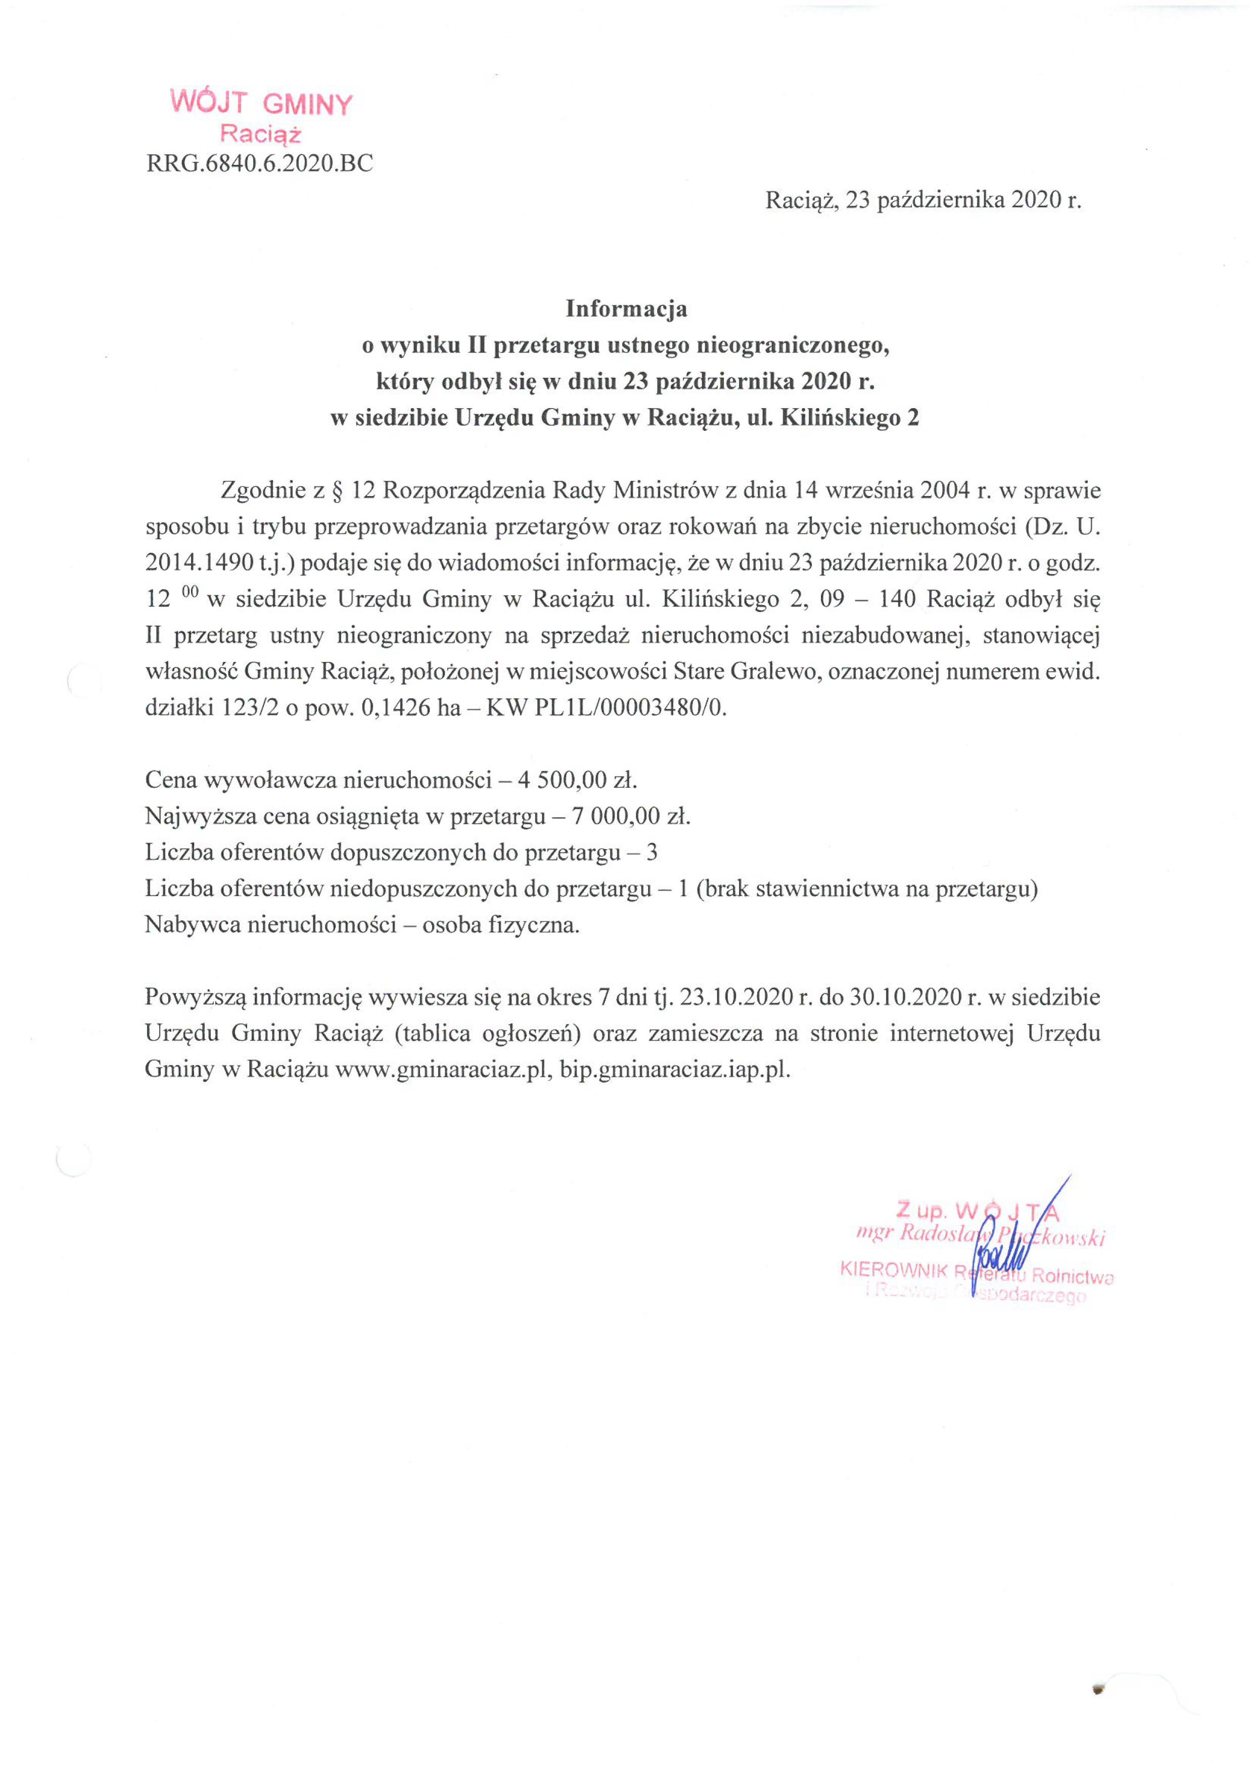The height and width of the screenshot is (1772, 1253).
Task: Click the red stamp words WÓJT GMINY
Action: coord(261,103)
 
